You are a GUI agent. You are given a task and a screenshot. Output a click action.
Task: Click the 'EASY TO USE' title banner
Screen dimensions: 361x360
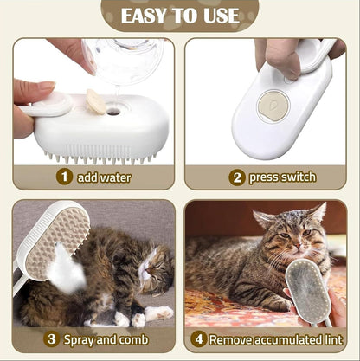coord(180,16)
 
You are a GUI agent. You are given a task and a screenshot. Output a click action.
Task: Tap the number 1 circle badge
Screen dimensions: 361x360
coord(63,177)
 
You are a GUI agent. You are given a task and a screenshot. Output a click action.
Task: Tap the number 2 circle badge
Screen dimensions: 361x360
coord(236,177)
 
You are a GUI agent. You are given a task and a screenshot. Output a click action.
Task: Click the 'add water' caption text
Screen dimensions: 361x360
coord(106,177)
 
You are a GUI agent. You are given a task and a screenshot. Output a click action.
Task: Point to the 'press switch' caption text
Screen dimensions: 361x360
coord(282,177)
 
